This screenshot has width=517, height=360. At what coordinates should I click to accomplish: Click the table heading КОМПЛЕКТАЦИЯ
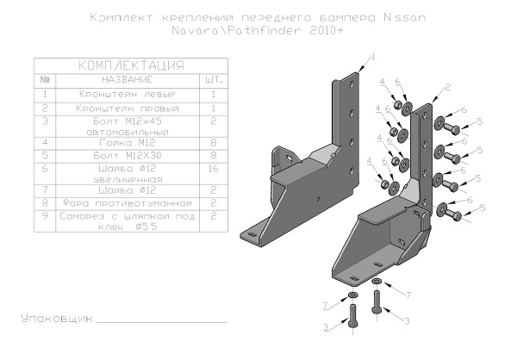point(130,65)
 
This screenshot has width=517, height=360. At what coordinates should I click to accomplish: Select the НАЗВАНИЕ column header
point(126,79)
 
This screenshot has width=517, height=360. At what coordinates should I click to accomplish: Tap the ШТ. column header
point(212,79)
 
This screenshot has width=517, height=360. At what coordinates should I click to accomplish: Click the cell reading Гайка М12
point(126,141)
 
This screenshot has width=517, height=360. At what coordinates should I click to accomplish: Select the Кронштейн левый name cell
point(126,94)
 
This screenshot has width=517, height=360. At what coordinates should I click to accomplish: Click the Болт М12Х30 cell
point(126,156)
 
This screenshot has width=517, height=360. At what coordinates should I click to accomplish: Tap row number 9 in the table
point(44,218)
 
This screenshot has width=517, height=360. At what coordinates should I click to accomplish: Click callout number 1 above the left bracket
point(374,56)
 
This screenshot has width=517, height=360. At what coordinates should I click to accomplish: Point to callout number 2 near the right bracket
point(449,88)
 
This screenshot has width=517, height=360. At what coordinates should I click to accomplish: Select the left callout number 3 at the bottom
point(326,327)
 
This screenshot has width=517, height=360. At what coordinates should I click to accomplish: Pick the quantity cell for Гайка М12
point(212,141)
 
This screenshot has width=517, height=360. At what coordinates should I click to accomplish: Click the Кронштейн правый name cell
point(126,109)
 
